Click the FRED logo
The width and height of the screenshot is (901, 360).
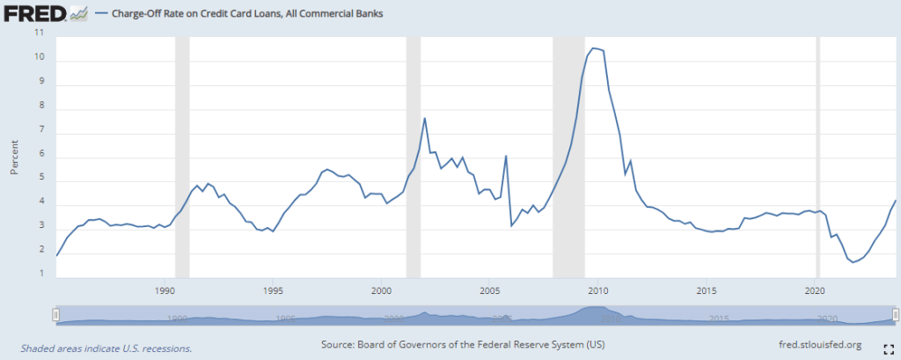click(x=35, y=13)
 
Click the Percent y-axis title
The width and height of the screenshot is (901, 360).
click(x=14, y=157)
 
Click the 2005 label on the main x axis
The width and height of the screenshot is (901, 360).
click(x=490, y=290)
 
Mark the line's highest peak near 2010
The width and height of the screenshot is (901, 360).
click(x=593, y=48)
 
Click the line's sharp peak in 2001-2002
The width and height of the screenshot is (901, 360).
click(x=425, y=118)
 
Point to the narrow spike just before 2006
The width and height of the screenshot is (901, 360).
click(x=506, y=156)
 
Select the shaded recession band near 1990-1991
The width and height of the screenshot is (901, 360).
click(x=182, y=158)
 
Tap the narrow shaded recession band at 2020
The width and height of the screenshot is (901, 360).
click(x=819, y=158)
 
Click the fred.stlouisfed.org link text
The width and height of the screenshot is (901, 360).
click(x=821, y=344)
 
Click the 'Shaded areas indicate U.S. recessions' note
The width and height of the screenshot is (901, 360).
click(x=106, y=348)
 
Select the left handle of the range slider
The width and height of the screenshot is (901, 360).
click(x=55, y=314)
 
